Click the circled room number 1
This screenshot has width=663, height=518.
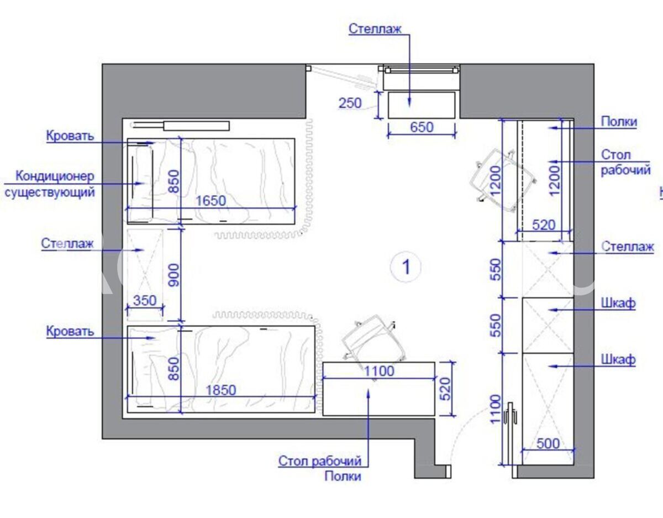point(406,267)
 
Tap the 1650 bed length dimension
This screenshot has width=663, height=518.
point(211,201)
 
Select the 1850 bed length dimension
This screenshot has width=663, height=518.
point(221,390)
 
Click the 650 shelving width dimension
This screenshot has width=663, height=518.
point(422,127)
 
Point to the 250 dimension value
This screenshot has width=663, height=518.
point(350,103)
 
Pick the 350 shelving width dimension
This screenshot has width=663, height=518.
point(145,300)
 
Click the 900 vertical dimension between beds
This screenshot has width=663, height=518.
point(174,275)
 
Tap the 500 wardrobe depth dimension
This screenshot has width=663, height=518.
point(548,443)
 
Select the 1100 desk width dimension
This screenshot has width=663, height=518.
point(379,371)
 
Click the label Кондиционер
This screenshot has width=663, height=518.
point(55,176)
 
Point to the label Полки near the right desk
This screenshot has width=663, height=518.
point(619,122)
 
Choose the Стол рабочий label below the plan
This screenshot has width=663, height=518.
point(320,461)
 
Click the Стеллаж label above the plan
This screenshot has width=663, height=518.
point(375,29)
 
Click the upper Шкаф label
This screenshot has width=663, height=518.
point(618,303)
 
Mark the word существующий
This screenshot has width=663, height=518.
point(50,192)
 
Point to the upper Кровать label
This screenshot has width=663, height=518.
point(70,135)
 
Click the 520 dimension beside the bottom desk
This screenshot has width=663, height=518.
point(446,389)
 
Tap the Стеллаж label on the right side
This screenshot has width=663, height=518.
point(628,246)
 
